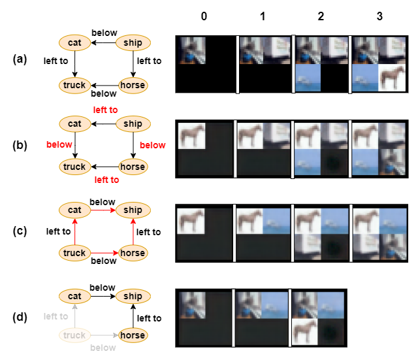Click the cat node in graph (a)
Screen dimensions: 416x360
coord(74,43)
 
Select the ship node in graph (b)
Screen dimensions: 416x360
coord(133,124)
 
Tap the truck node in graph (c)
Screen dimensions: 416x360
coord(74,253)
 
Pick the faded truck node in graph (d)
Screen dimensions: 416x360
coord(74,335)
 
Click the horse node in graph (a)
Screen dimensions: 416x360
coord(133,85)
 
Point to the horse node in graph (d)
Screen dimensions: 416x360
coord(133,335)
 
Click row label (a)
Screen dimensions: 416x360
coord(20,59)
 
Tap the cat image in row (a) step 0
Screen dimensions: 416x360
coord(192,50)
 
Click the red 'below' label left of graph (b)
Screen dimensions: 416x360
coord(59,144)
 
